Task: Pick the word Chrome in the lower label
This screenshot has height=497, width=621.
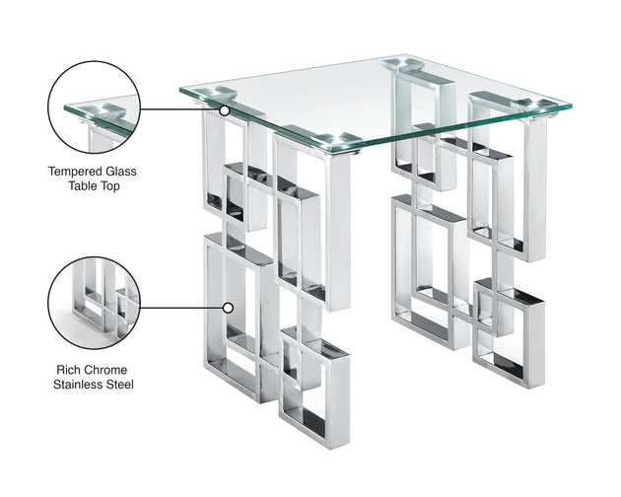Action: (109, 369)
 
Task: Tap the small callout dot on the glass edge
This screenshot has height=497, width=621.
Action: (225, 109)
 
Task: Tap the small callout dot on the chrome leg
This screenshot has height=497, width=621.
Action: (228, 307)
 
